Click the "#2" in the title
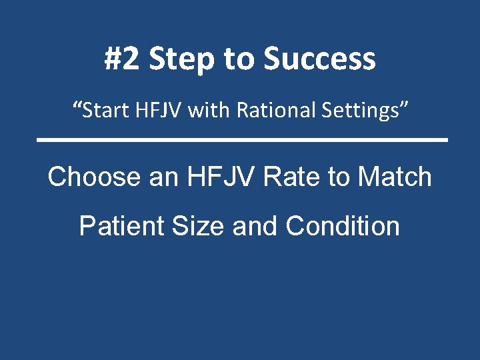point(123,59)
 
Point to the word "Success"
point(319,59)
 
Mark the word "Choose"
point(90,177)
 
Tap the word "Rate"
point(292,177)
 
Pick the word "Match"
point(395,177)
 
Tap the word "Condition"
point(343,227)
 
